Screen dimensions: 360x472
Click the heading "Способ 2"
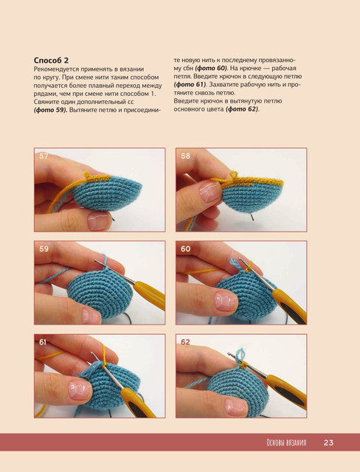51,60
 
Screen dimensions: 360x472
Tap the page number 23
328,442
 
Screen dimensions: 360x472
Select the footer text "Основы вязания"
286,442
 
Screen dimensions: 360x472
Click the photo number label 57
44,156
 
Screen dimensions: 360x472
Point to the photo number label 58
185,156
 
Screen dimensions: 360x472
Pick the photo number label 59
44,249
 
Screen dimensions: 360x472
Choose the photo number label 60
185,249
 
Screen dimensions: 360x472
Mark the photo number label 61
43,342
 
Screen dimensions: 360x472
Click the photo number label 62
185,342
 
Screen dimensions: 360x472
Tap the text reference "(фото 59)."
51,110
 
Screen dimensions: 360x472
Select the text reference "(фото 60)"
211,69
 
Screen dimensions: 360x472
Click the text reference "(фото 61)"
190,85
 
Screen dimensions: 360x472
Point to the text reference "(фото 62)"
242,109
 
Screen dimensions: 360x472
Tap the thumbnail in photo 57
98,221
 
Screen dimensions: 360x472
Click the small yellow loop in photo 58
234,174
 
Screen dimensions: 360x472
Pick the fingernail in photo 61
80,389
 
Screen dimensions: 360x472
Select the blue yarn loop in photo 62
240,355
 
